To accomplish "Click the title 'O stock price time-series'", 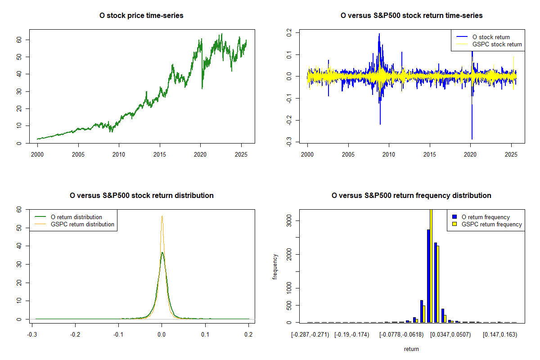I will point(141,16).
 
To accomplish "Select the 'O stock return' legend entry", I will point(491,37).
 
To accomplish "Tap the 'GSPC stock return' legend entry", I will point(497,44).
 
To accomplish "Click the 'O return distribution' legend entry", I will point(76,217).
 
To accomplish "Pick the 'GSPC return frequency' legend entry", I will point(492,224).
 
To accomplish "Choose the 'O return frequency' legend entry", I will point(486,217).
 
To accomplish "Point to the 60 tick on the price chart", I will point(20,40).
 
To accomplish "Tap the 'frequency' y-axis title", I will point(275,265).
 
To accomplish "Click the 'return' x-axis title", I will point(411,349).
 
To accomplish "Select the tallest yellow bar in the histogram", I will point(431,265).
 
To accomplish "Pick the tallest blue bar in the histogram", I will point(428,275).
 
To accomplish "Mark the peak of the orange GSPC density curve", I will point(162,216).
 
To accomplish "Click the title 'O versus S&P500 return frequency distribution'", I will point(411,196).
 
